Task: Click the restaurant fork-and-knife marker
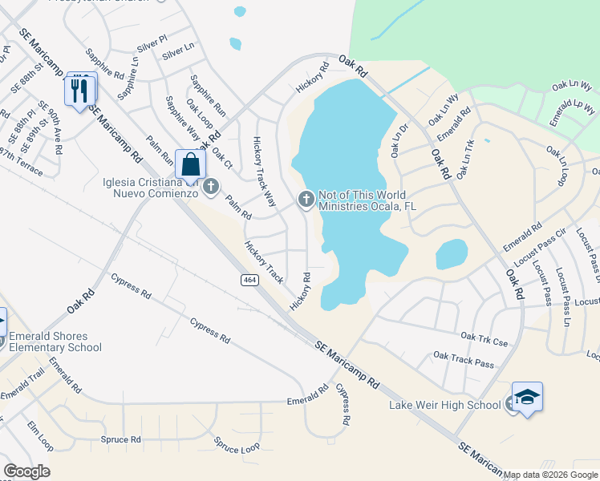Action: coord(80,90)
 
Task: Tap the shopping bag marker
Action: coord(191,165)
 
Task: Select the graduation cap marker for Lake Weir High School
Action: coord(527,398)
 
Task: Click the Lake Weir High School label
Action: coord(444,405)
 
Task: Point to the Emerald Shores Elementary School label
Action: coord(55,342)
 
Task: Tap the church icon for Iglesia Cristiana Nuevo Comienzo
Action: coord(211,187)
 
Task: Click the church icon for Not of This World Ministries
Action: coord(306,200)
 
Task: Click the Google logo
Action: coord(26,471)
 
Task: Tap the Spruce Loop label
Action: coord(237,445)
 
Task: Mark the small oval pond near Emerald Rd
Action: coord(451,254)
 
